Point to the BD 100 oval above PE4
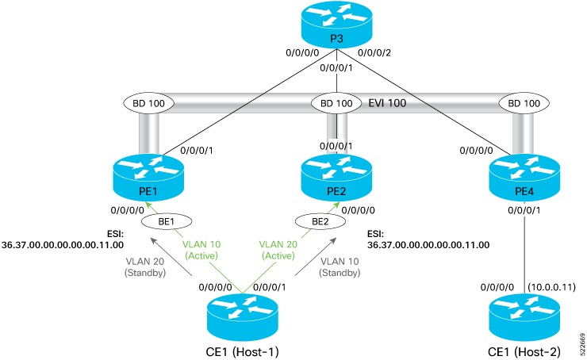(x=520, y=103)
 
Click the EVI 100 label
(x=384, y=102)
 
